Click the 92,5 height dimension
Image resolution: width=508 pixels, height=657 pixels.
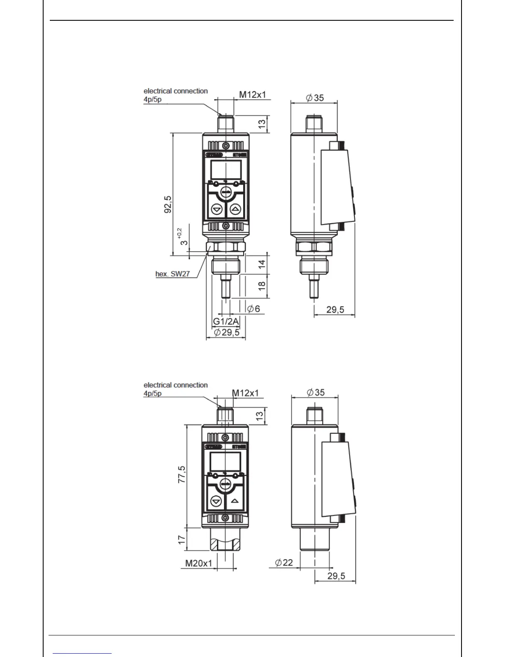pos(168,204)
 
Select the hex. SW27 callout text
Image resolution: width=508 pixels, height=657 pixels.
pos(172,274)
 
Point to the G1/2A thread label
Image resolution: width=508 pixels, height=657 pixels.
pos(226,321)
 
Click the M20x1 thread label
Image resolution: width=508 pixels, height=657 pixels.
pos(198,563)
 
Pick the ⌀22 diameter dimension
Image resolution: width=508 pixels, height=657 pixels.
pos(284,562)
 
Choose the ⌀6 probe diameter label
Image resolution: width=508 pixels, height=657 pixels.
pos(253,309)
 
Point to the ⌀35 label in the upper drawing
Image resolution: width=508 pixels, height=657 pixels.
pos(315,98)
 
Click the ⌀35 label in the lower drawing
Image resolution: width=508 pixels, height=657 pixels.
pos(315,392)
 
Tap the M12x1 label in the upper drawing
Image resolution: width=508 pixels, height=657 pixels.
pos(252,95)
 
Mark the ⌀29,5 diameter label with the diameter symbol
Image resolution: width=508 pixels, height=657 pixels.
pos(227,332)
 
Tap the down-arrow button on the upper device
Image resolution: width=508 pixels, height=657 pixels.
pos(216,209)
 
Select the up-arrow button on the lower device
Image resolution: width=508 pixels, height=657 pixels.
pos(235,501)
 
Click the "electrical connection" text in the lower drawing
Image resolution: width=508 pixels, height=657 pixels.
pos(176,385)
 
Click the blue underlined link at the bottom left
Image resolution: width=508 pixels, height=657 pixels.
pos(82,653)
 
